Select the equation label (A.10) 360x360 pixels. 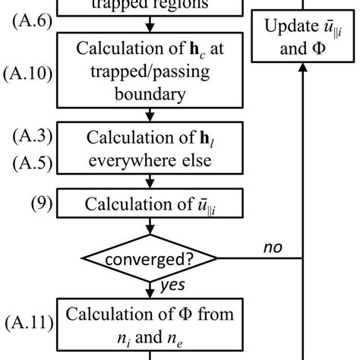(x=27, y=74)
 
